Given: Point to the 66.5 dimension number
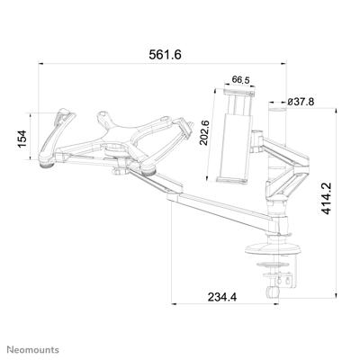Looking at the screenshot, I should click(x=239, y=79).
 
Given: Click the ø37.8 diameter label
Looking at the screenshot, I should click(x=300, y=102).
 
